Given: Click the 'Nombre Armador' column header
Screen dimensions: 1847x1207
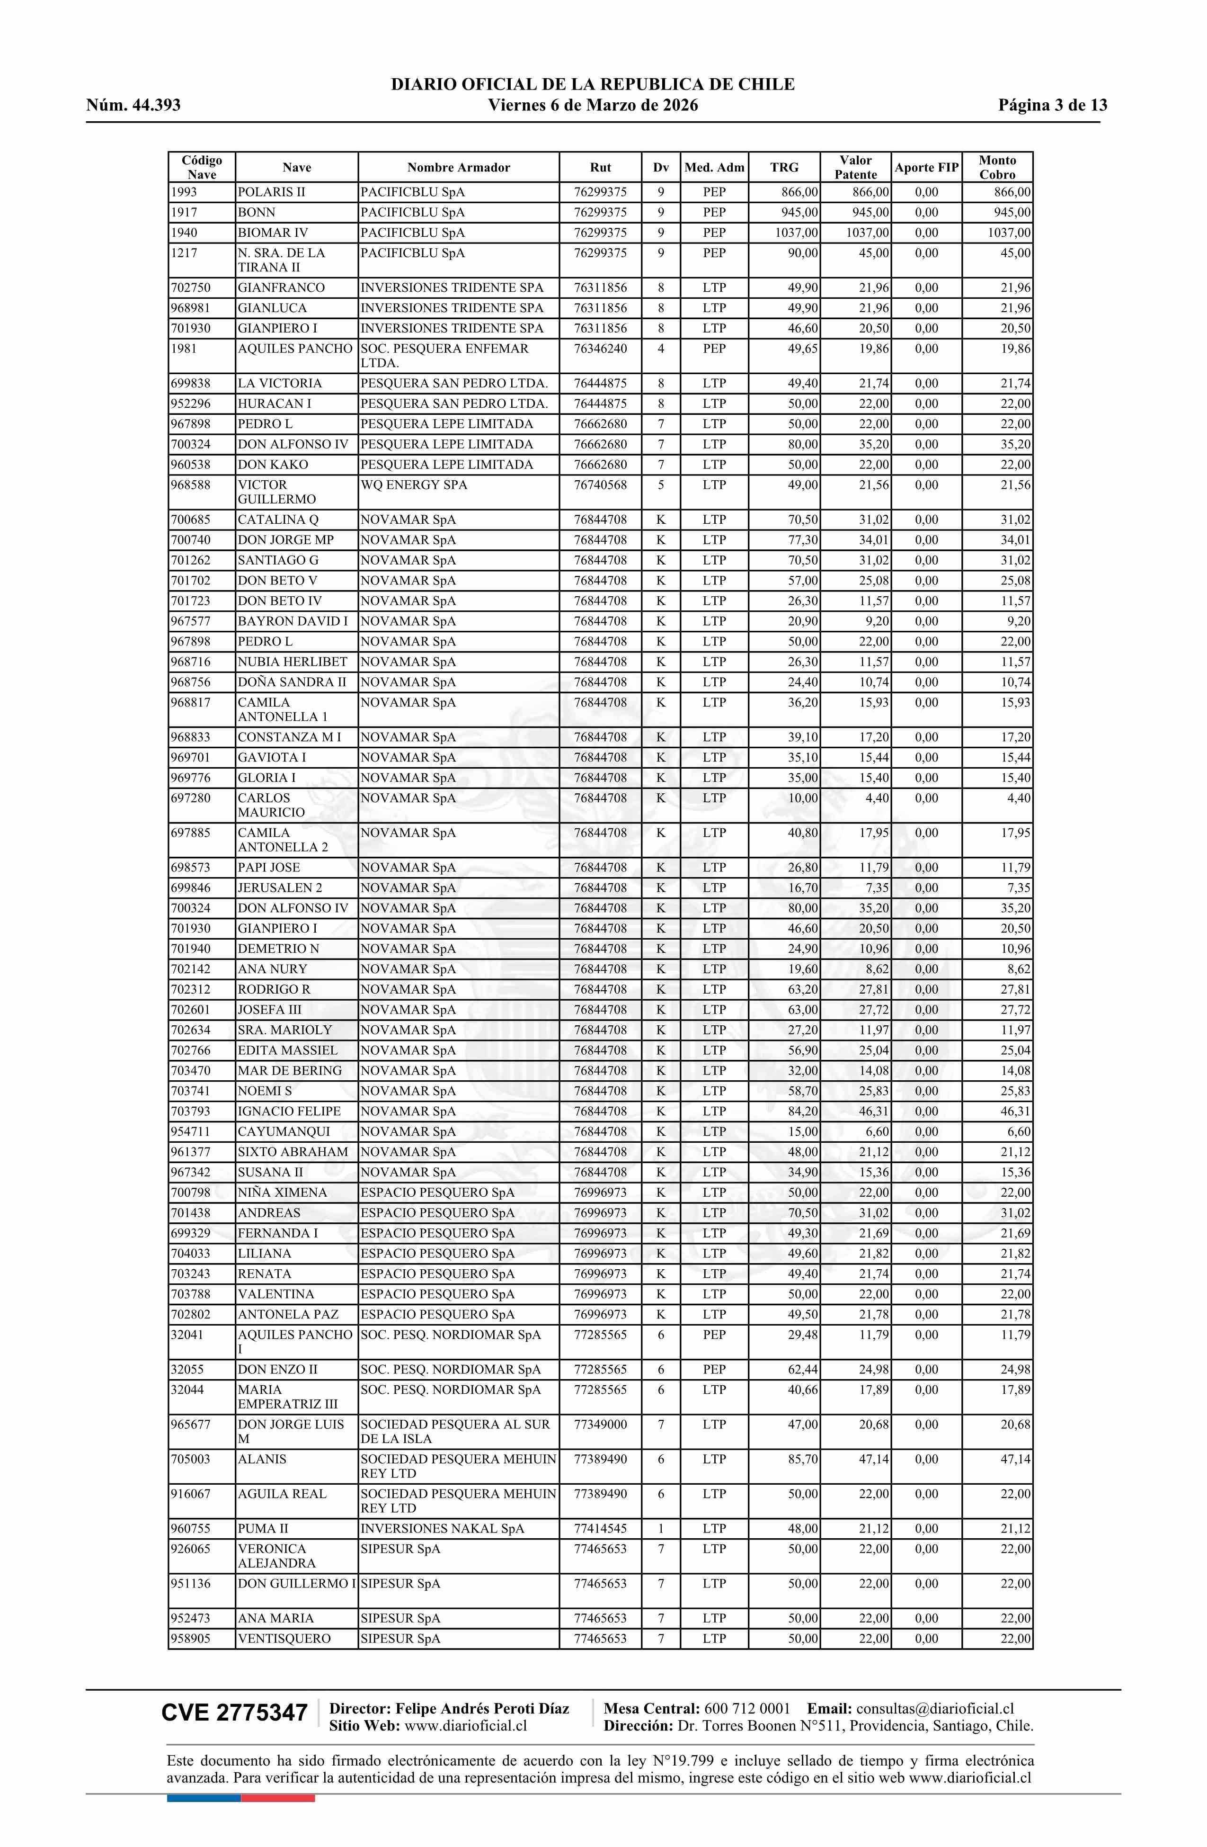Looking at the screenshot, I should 459,168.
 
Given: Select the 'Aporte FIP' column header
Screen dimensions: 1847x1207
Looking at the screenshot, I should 926,168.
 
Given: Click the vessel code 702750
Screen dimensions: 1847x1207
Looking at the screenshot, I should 190,288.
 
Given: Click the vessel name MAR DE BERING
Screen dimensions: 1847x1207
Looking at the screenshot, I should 289,1071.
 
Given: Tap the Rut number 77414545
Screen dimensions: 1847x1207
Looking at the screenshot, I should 600,1529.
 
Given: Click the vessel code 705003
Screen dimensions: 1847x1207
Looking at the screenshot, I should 190,1459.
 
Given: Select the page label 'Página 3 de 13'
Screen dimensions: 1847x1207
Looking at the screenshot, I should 1053,106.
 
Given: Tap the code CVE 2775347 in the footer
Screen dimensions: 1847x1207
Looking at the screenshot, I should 234,1713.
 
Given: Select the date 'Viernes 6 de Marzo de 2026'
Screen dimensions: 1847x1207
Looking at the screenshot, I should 593,106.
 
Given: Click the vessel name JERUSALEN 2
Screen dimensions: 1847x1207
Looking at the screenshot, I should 279,888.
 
